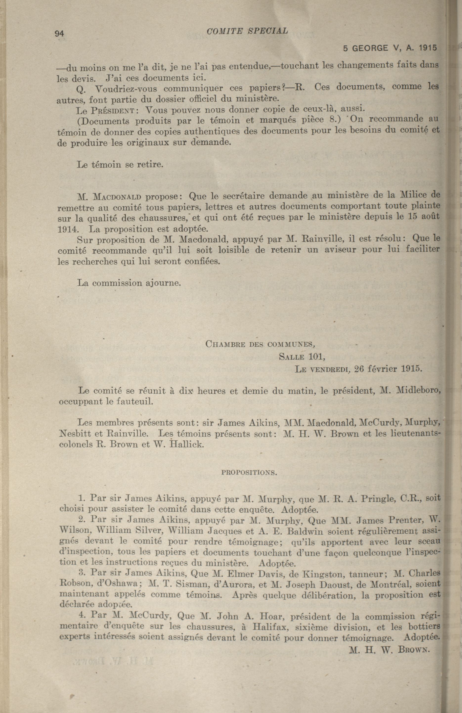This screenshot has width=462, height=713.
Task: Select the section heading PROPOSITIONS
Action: (249, 473)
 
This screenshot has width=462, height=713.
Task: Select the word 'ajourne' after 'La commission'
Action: (163, 283)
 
